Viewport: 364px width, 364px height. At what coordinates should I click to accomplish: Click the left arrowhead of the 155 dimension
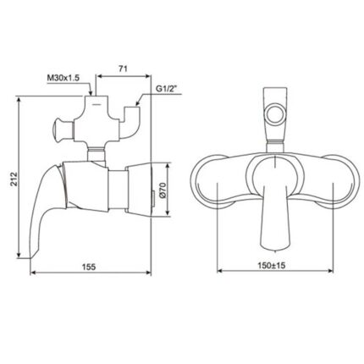click(x=32, y=273)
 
